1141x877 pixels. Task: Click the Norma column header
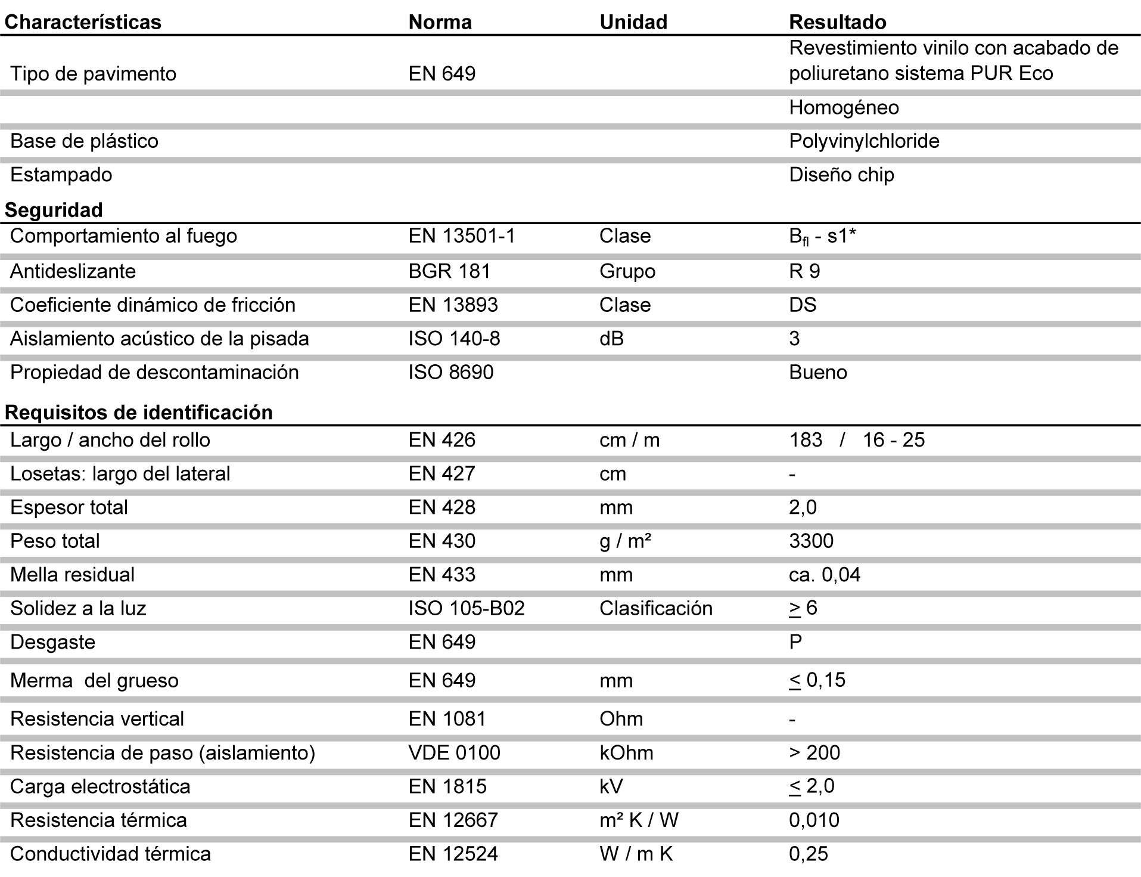(440, 22)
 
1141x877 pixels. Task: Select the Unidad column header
(633, 22)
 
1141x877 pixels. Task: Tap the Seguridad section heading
(54, 210)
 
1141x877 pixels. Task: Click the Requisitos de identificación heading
(138, 412)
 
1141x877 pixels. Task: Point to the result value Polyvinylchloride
(864, 141)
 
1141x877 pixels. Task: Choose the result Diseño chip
(841, 175)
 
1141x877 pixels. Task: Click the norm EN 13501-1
(462, 236)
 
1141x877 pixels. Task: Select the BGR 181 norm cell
(449, 271)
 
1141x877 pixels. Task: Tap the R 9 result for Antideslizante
(804, 271)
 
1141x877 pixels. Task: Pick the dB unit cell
(611, 339)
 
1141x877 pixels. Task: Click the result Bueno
(817, 372)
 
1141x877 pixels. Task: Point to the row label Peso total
(55, 541)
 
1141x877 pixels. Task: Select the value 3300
(811, 541)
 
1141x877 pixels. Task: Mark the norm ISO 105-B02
(467, 608)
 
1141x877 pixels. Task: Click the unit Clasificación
(655, 608)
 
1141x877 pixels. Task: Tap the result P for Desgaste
(795, 642)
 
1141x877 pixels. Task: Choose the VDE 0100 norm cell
(454, 752)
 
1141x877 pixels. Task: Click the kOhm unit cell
(626, 752)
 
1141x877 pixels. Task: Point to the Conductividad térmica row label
(110, 854)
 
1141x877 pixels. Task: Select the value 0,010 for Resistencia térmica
(814, 820)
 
